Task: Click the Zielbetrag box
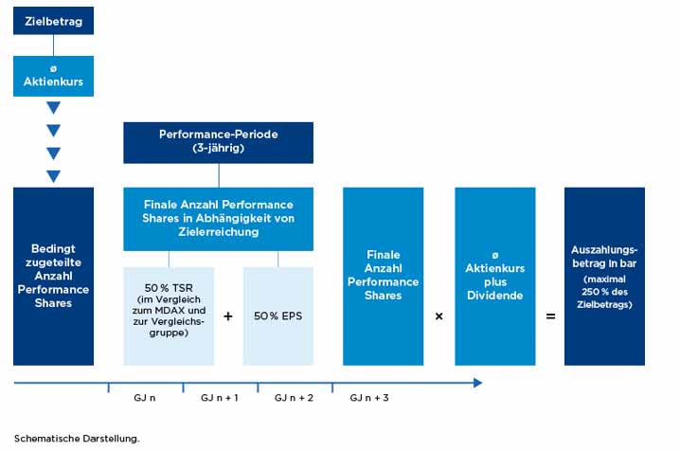pos(53,21)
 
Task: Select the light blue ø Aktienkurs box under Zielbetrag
pos(53,76)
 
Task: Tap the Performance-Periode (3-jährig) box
pos(218,143)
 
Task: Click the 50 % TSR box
pos(169,316)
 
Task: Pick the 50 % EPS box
pos(278,316)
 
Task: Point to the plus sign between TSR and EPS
pos(228,316)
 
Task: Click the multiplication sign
pos(438,316)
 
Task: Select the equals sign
pos(550,316)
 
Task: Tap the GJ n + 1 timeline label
pos(220,398)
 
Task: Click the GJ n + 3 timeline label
pos(369,398)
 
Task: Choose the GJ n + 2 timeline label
pos(294,398)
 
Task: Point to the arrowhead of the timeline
pos(478,383)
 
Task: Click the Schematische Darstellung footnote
pos(77,439)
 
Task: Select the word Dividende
pos(494,296)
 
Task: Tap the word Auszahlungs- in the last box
pos(604,250)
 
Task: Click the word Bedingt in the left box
pos(53,249)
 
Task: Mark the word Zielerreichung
pos(218,231)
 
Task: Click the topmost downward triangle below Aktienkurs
pos(53,108)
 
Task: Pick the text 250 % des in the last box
pos(604,292)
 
